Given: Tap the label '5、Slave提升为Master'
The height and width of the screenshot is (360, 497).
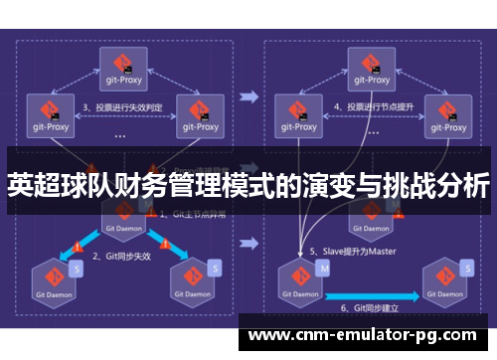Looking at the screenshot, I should click(352, 251).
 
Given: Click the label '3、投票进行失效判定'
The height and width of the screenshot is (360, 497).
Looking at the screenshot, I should click(121, 106).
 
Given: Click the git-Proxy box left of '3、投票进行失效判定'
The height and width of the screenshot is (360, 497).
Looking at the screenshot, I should click(50, 114).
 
